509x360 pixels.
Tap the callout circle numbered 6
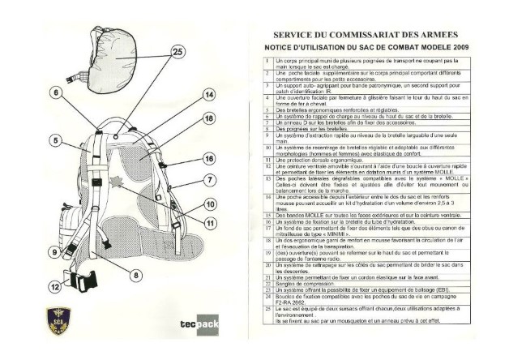(78, 92)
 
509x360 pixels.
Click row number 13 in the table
(267, 178)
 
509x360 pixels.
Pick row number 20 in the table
(267, 266)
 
